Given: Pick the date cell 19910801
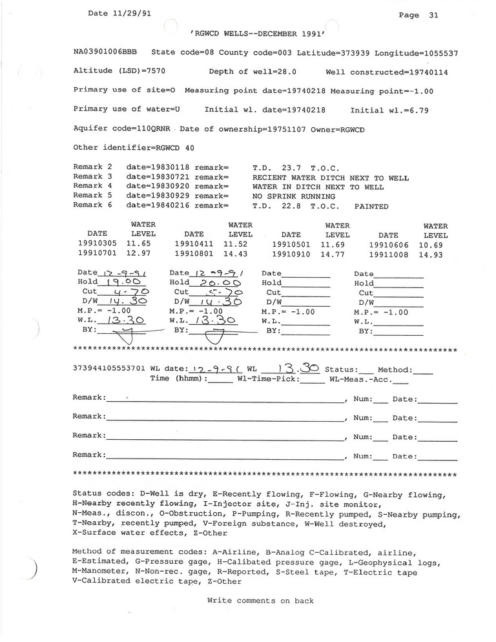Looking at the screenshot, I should [x=194, y=254].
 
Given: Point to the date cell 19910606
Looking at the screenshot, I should [x=387, y=245].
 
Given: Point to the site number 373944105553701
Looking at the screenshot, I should [x=110, y=368].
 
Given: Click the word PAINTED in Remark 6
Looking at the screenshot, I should [x=371, y=207].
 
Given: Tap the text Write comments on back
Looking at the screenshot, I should [x=260, y=601].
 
